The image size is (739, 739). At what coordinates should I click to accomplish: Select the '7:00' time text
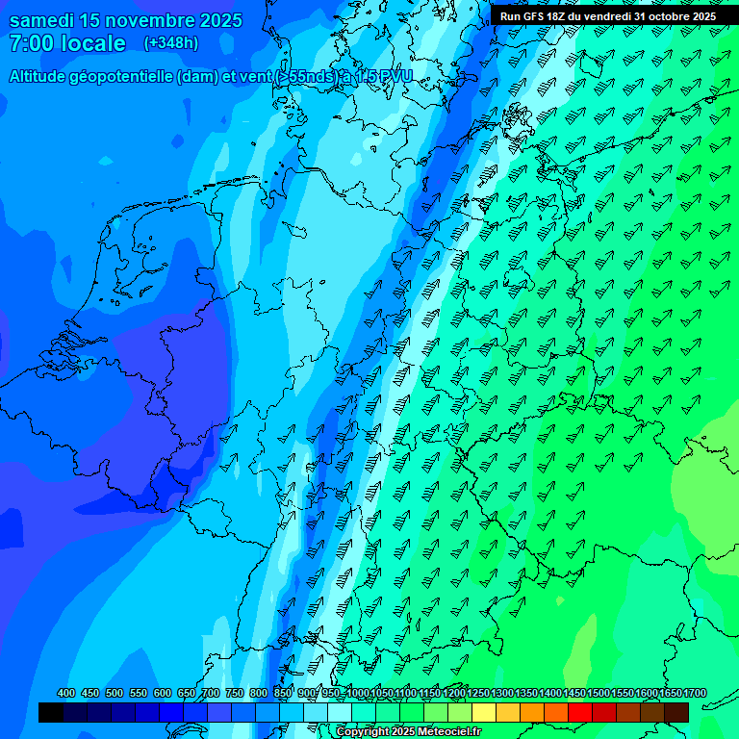(x=28, y=44)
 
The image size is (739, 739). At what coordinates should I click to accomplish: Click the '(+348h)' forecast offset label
(x=170, y=43)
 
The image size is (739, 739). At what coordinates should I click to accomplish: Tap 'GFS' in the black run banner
(x=539, y=16)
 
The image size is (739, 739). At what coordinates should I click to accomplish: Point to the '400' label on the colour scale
(x=66, y=694)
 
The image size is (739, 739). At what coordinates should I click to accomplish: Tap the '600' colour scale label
(x=163, y=694)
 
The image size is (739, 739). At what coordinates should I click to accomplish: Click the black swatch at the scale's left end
(x=51, y=712)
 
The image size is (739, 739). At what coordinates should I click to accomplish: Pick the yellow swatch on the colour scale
(x=484, y=712)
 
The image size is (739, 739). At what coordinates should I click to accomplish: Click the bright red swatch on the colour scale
(x=580, y=712)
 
